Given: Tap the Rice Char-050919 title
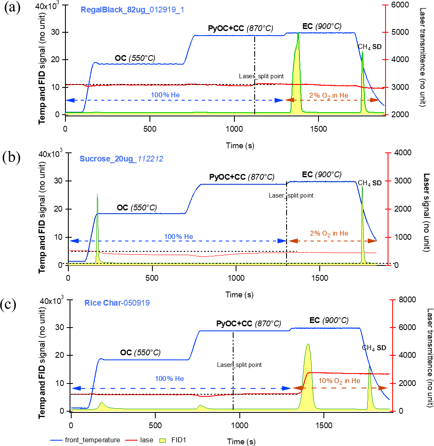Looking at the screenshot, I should (117, 303).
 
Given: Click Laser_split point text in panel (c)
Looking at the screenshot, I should (239, 365).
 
